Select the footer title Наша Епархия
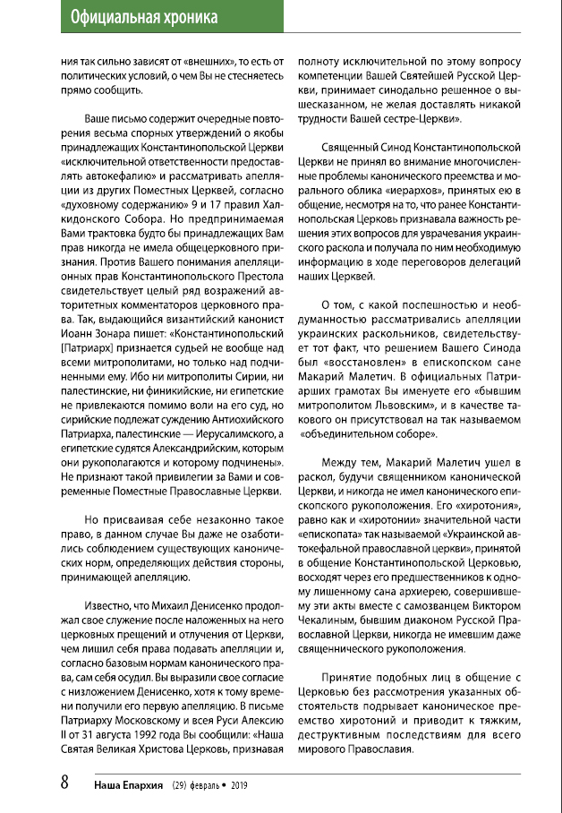pos(127,783)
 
